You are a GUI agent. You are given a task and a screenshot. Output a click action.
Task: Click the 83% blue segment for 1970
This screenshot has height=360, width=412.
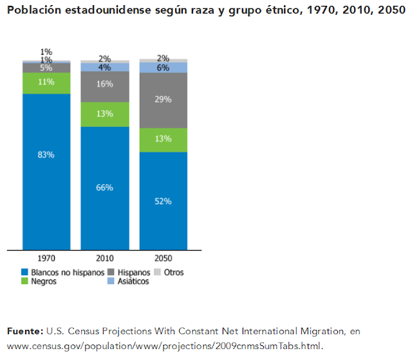coord(46,171)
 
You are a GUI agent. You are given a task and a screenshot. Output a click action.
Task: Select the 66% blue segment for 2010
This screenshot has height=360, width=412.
coord(104,188)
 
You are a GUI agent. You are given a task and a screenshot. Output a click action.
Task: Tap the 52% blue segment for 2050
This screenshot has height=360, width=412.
coord(163,201)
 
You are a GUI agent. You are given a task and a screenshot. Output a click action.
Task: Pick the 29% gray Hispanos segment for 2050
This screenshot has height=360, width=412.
coord(163,100)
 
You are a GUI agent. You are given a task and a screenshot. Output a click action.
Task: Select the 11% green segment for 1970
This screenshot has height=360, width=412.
coord(46,83)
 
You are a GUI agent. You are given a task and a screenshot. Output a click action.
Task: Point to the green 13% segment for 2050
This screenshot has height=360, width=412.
coord(163,140)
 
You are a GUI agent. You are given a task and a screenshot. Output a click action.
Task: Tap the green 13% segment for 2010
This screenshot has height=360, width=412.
coord(104,114)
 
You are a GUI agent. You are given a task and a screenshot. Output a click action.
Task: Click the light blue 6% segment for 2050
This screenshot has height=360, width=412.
coord(163,68)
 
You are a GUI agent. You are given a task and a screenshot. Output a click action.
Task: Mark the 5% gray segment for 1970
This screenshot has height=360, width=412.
coord(46,68)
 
